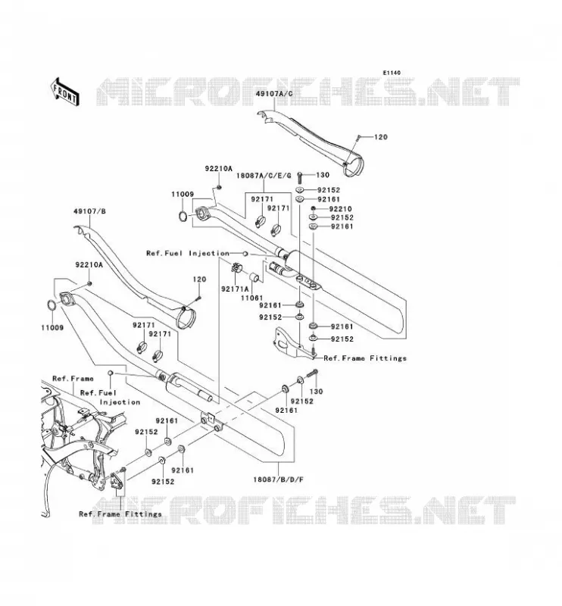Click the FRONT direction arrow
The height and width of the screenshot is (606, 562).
pyautogui.click(x=65, y=91)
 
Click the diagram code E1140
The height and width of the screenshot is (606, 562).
pyautogui.click(x=392, y=73)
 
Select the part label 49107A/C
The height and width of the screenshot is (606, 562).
pyautogui.click(x=274, y=93)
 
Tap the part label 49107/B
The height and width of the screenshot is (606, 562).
pyautogui.click(x=89, y=211)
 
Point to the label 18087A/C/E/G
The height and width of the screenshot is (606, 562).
pyautogui.click(x=264, y=176)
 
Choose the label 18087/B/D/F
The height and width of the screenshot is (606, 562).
pyautogui.click(x=278, y=479)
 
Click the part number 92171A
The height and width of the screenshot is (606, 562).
pyautogui.click(x=235, y=289)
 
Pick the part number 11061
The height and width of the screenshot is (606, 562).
pyautogui.click(x=251, y=298)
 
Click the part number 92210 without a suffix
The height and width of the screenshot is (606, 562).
pyautogui.click(x=341, y=209)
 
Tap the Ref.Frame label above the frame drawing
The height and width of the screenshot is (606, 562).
pyautogui.click(x=73, y=378)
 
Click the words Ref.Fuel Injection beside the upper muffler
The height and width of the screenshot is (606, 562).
pyautogui.click(x=188, y=253)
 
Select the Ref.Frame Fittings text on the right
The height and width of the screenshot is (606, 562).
pyautogui.click(x=365, y=358)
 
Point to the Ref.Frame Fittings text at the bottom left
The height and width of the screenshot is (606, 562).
pyautogui.click(x=120, y=514)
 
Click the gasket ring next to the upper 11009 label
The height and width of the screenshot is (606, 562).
pyautogui.click(x=183, y=217)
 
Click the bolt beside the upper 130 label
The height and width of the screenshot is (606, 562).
pyautogui.click(x=299, y=178)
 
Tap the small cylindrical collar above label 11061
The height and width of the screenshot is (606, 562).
pyautogui.click(x=254, y=277)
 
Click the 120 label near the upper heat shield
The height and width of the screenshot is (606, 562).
pyautogui.click(x=381, y=137)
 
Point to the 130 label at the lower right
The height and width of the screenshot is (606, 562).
pyautogui.click(x=316, y=392)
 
